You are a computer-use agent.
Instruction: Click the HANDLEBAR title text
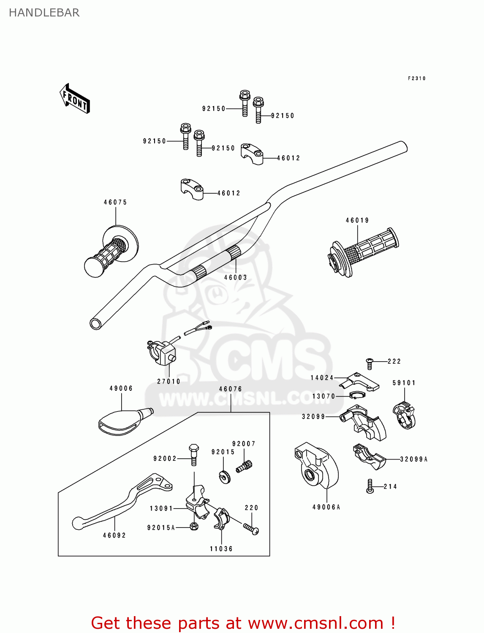coord(44,13)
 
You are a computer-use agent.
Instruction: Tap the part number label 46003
coord(235,277)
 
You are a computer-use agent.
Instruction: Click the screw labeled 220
coord(251,528)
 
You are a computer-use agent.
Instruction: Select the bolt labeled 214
coord(370,487)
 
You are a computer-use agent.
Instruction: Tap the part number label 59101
coord(404,383)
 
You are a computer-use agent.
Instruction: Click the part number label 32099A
coord(414,459)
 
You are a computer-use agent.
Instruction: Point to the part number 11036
coord(221,549)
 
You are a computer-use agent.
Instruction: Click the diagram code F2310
coord(417,78)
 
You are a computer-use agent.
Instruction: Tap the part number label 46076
coord(231,389)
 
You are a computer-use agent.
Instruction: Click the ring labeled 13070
coord(357,395)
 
